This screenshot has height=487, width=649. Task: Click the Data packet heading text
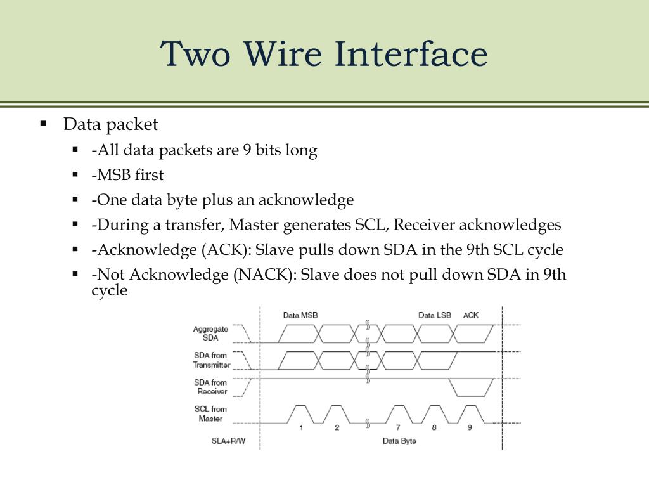pyautogui.click(x=110, y=124)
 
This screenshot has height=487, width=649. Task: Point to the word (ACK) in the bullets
pyautogui.click(x=219, y=250)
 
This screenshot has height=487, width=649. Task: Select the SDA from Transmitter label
pyautogui.click(x=212, y=360)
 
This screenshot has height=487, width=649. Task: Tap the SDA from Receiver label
pyautogui.click(x=211, y=387)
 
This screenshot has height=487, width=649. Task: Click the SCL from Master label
pyautogui.click(x=210, y=413)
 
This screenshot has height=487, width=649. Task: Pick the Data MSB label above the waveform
pyautogui.click(x=300, y=315)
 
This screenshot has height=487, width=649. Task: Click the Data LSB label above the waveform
pyautogui.click(x=435, y=315)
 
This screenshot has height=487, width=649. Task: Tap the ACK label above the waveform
pyautogui.click(x=471, y=315)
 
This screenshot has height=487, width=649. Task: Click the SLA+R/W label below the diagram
pyautogui.click(x=228, y=441)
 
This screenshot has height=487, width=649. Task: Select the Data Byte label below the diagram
pyautogui.click(x=399, y=441)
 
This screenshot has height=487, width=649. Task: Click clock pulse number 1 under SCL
pyautogui.click(x=301, y=427)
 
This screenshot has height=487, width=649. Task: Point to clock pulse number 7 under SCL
pyautogui.click(x=398, y=427)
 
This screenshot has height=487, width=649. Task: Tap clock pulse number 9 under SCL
pyautogui.click(x=470, y=427)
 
